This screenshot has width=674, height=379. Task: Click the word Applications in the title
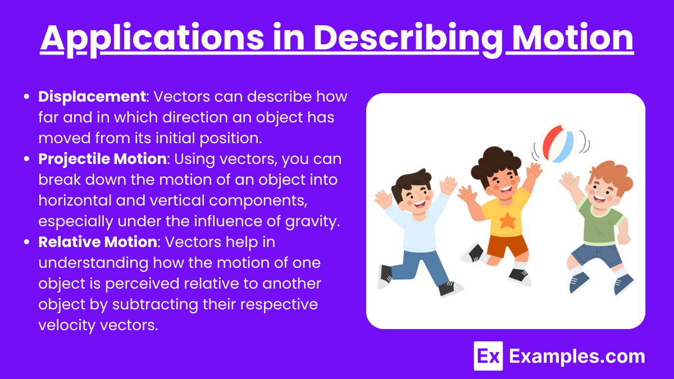152,39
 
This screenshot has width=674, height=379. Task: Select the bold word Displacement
92,97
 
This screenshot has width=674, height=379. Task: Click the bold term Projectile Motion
102,159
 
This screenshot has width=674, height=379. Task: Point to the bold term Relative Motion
98,242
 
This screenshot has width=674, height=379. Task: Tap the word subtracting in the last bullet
155,304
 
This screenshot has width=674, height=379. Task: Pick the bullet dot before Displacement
26,97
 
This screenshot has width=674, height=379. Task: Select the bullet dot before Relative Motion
26,242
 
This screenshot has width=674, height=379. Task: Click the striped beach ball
558,144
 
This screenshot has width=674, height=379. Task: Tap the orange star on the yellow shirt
507,221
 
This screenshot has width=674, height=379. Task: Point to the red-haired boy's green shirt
600,222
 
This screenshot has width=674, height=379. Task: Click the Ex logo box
488,356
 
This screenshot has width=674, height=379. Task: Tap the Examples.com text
577,357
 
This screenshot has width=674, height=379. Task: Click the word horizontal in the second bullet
75,200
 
